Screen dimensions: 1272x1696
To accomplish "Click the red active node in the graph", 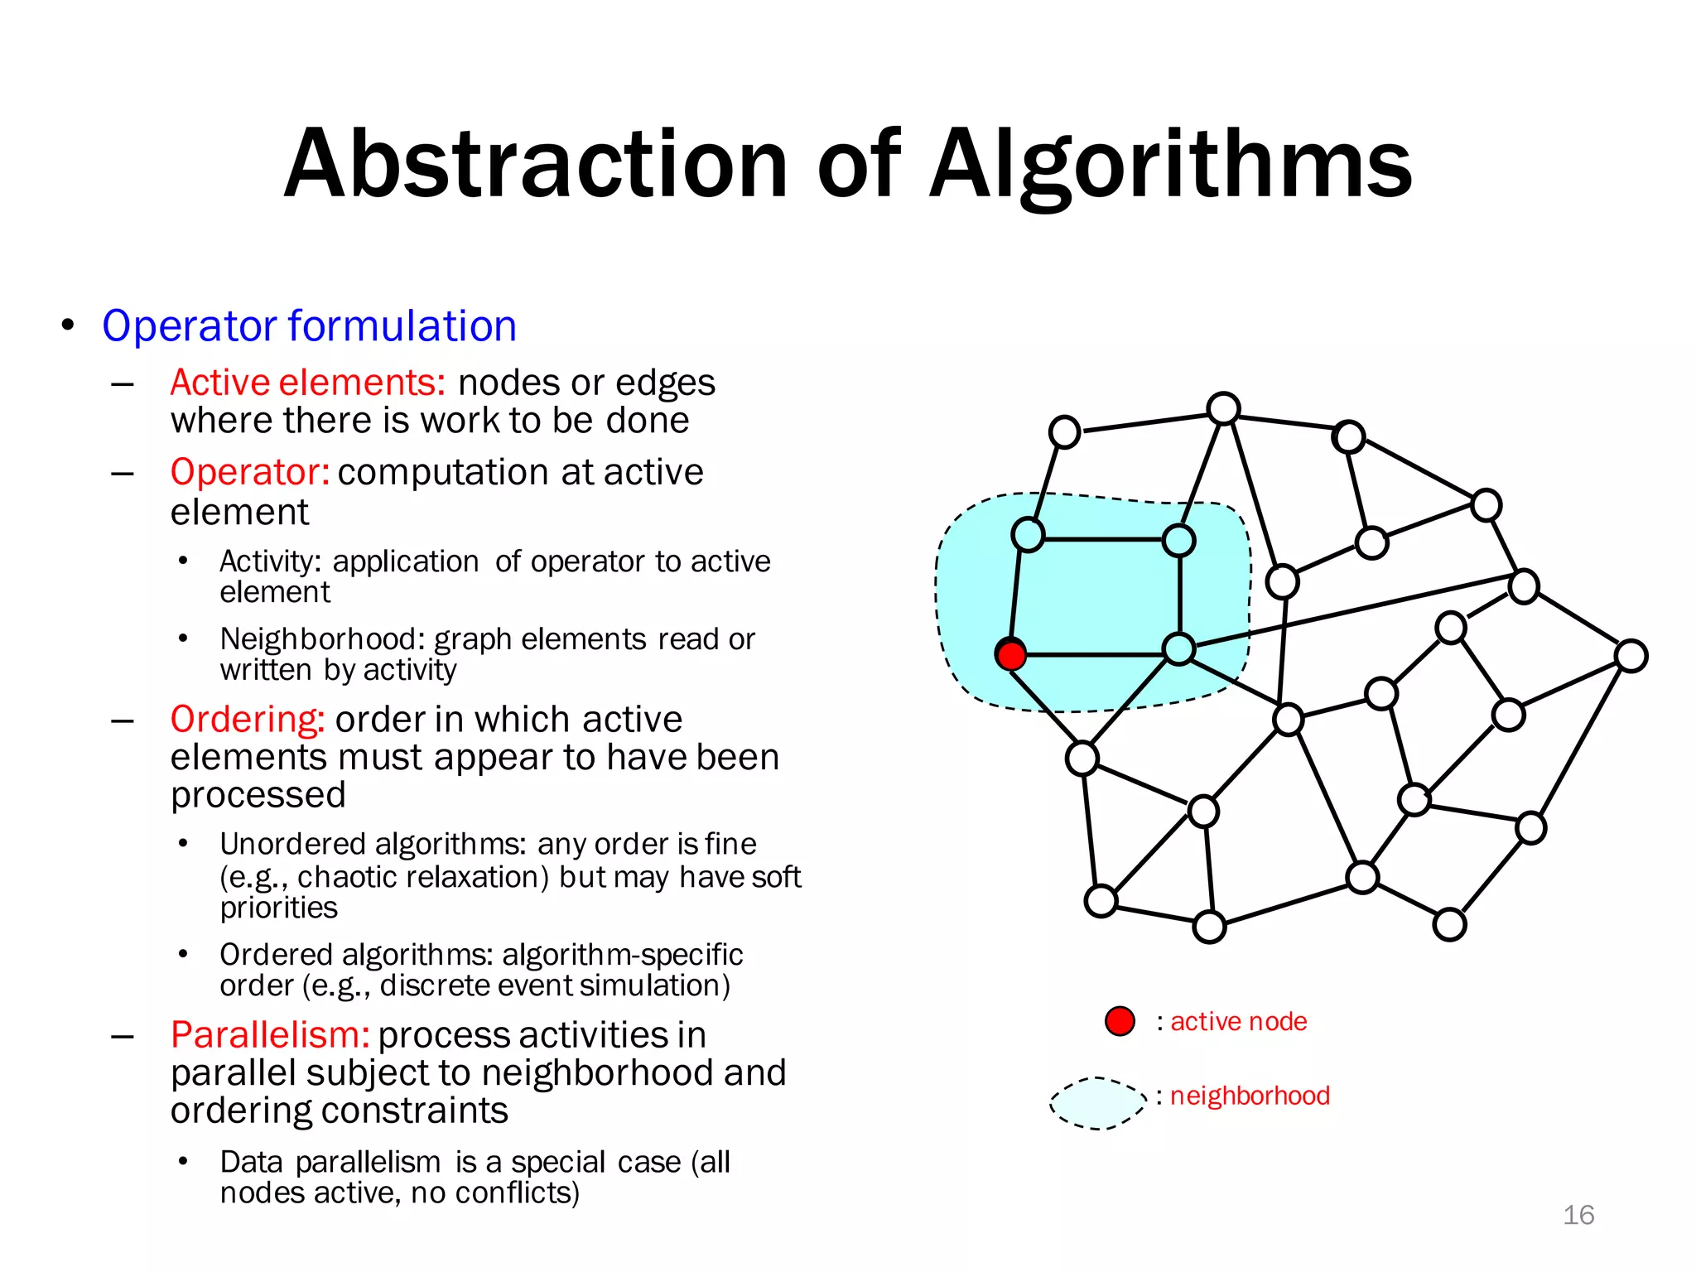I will pos(1010,655).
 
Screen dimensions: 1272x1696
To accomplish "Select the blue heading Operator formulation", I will pos(309,325).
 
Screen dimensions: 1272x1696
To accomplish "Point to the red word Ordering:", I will pos(247,719).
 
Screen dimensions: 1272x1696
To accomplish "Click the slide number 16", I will pos(1578,1215).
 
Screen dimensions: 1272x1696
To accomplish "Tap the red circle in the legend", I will pos(1120,1021).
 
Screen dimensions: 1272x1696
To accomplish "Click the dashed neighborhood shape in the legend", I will pos(1098,1103).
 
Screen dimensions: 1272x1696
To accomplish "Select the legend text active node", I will pos(1238,1021).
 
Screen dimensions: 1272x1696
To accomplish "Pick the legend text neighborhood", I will pos(1249,1096).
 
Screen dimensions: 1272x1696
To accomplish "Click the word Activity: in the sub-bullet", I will pos(270,561).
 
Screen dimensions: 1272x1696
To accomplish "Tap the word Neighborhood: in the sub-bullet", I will pos(322,639).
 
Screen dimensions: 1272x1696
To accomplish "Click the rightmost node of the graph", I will pos(1631,656).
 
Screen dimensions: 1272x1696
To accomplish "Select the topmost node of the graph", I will pos(1223,409).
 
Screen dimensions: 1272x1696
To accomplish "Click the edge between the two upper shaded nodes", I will pos(1103,539).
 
